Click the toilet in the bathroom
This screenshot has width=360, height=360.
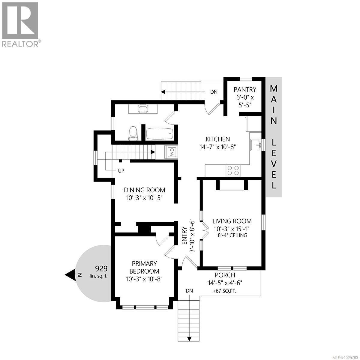click(133, 133)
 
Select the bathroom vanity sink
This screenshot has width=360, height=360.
click(143, 109)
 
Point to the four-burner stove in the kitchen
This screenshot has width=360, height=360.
click(233, 170)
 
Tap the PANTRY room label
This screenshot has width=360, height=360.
click(245, 89)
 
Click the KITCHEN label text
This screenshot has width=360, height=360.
click(217, 139)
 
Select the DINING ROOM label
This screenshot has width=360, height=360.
click(145, 190)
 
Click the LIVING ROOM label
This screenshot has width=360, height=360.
click(232, 221)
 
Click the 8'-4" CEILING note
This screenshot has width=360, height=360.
click(232, 235)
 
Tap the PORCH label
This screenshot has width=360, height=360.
click(225, 275)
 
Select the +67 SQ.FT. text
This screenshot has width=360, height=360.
click(225, 290)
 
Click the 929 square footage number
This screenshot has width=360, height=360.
click(101, 268)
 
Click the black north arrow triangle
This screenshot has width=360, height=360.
click(71, 275)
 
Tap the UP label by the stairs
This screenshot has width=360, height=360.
click(121, 171)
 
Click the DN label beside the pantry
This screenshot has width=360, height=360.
click(214, 92)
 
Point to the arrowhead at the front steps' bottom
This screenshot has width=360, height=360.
click(189, 339)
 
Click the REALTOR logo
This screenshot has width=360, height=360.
click(20, 24)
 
